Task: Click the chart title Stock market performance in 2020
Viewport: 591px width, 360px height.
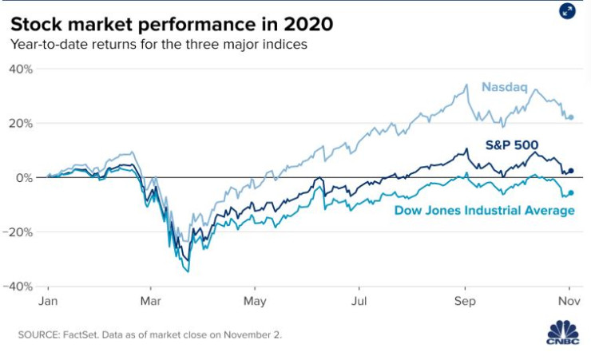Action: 171,23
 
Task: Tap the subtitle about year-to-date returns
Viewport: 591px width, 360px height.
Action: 158,44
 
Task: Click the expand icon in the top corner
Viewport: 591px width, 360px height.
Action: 567,10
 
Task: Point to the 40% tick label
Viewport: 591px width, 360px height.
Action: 21,69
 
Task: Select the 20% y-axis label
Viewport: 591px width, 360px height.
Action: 21,124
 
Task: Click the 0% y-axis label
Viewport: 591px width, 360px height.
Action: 24,178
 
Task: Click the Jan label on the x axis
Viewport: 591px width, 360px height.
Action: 48,302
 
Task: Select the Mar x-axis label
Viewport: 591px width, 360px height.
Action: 151,302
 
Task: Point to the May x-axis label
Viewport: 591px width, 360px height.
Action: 255,302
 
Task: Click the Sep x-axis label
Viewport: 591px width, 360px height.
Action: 465,302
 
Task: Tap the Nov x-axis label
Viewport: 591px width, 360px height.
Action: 569,302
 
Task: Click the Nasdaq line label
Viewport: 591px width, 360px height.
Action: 504,87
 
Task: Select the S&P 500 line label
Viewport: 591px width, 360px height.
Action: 512,144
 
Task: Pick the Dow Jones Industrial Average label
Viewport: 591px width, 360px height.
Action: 485,210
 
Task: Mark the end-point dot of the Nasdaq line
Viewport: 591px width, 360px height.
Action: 570,117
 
